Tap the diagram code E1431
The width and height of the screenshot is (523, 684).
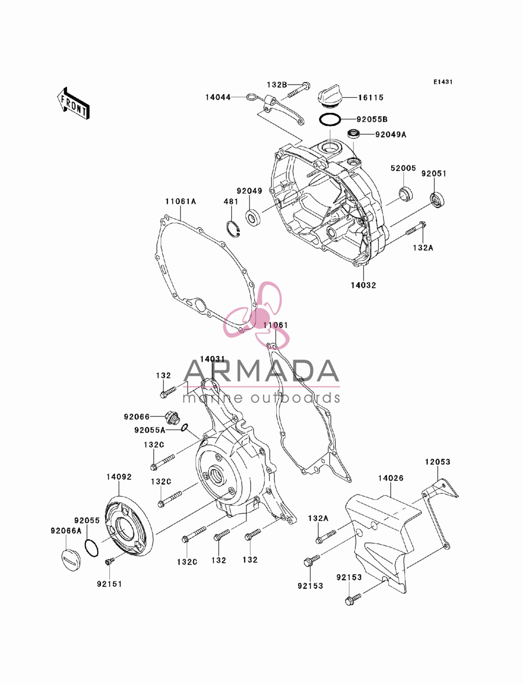click(x=442, y=82)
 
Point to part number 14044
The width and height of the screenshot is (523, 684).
click(x=218, y=97)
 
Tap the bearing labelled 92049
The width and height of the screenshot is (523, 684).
click(x=254, y=217)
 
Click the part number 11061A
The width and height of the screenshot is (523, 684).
click(x=180, y=202)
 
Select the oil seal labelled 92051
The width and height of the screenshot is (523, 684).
click(x=437, y=200)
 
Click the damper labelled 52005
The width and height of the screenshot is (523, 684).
click(x=406, y=194)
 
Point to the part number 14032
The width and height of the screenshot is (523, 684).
click(x=363, y=285)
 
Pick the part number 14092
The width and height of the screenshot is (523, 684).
click(x=119, y=477)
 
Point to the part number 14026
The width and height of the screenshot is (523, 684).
click(x=391, y=478)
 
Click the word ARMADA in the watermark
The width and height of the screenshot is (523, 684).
click(x=261, y=371)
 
